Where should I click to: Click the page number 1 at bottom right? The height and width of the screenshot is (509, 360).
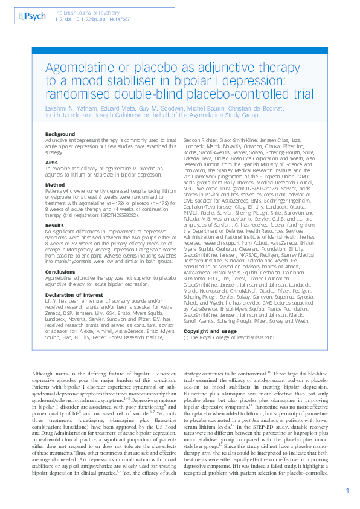point(347,491)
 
